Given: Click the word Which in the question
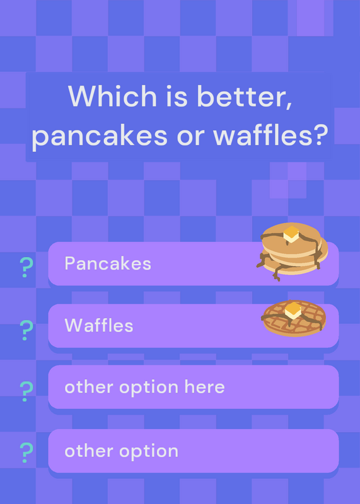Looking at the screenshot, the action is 112,96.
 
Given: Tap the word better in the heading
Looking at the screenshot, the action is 244,96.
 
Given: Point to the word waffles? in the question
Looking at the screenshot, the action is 270,134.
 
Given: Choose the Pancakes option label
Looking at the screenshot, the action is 108,263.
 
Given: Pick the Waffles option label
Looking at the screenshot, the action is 99,325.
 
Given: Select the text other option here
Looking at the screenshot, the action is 144,387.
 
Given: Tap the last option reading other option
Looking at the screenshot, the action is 121,451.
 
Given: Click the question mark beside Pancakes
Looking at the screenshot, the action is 26,267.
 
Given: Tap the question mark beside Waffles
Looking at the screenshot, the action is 26,330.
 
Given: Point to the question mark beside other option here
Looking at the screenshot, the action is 26,391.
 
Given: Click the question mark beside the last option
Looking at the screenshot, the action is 26,452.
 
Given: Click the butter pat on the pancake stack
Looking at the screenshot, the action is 291,234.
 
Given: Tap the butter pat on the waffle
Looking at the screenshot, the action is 293,311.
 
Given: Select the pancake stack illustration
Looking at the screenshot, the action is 292,251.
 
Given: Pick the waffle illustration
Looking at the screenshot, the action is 294,318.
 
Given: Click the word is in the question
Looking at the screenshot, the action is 177,96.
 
